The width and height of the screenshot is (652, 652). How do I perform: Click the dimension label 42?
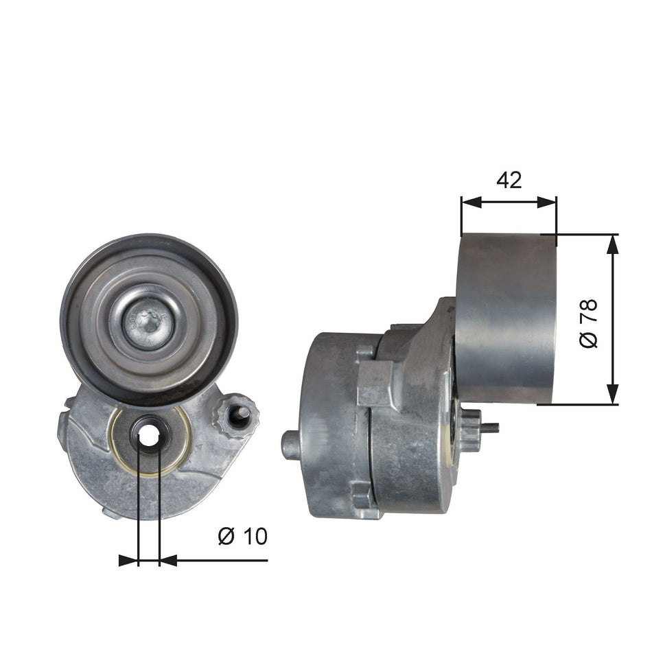point(509,180)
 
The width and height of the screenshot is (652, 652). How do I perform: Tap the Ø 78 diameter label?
point(589,323)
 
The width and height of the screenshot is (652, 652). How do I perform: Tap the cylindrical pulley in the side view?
point(505,318)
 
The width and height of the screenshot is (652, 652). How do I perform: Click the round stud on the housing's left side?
point(290,445)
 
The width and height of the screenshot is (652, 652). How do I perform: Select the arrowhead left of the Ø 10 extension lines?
point(128,561)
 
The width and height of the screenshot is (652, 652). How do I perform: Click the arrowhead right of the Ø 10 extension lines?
point(169,561)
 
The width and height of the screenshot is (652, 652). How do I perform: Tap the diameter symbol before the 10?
point(226,535)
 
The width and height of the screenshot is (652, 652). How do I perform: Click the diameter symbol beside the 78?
point(589,338)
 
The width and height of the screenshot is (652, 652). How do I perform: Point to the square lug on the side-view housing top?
point(374,383)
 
